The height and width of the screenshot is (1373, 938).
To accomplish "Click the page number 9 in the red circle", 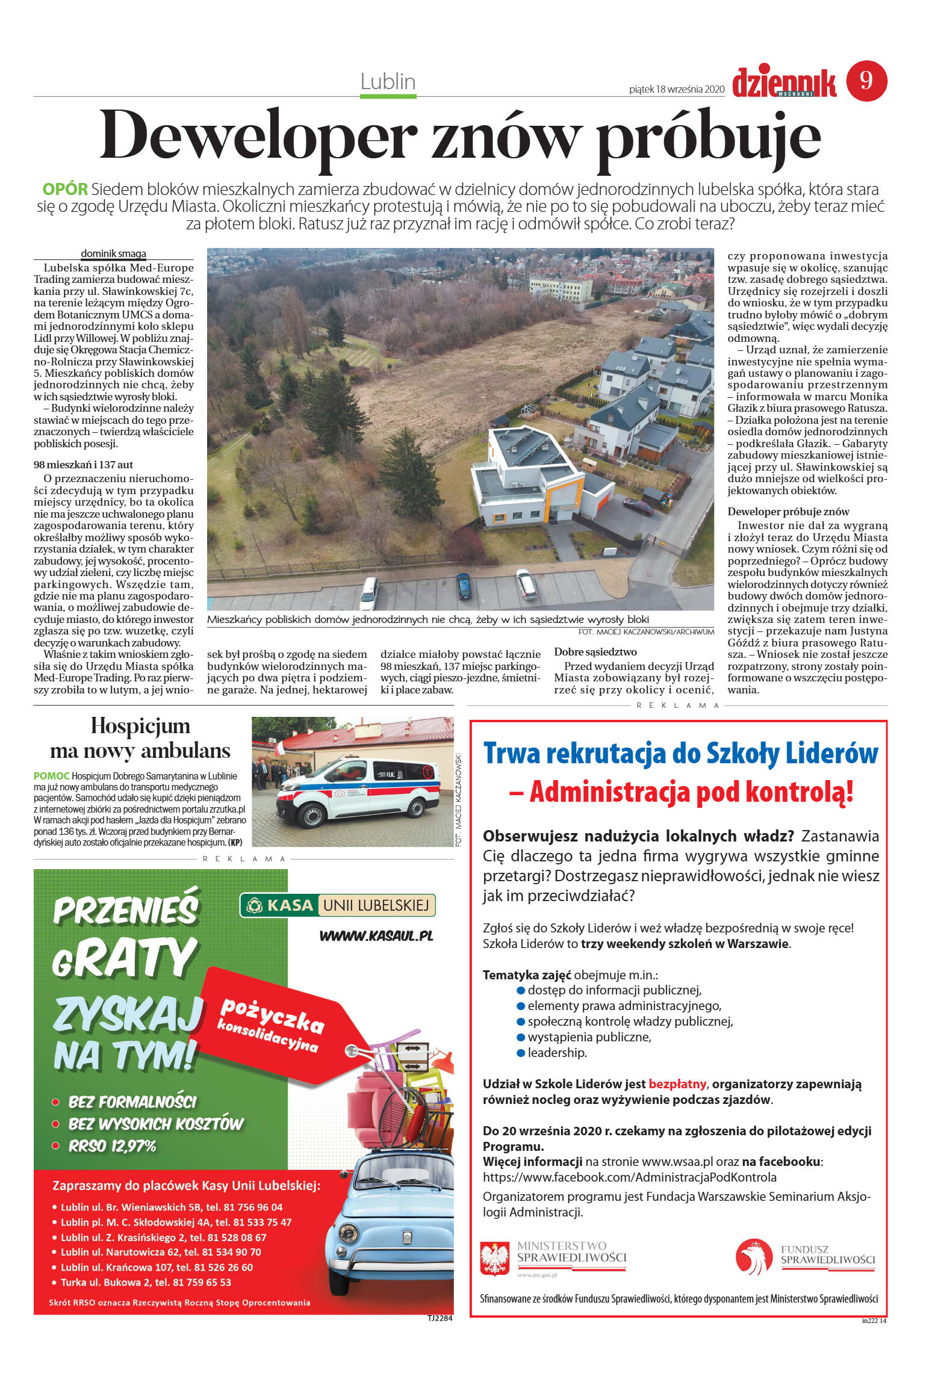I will point(866,81).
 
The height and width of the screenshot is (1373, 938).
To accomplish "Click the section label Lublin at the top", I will point(388,81).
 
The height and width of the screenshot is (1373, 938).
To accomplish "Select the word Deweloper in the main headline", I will point(258,137).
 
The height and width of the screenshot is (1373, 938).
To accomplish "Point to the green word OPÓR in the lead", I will point(65,189).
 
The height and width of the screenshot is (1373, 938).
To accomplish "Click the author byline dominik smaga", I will point(113,253).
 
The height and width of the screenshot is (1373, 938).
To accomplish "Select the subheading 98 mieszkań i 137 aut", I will point(83,465).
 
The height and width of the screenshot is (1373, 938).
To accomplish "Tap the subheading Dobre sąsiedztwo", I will point(595,651).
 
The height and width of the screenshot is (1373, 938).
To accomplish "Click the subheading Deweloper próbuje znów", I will point(787,512).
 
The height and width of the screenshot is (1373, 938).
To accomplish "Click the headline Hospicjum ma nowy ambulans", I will point(140,739).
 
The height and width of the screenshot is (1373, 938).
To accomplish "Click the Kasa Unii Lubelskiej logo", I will point(337,905).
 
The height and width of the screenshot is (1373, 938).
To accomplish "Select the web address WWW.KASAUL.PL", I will point(376,935).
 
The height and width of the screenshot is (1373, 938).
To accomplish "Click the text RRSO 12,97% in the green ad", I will point(112,1146).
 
